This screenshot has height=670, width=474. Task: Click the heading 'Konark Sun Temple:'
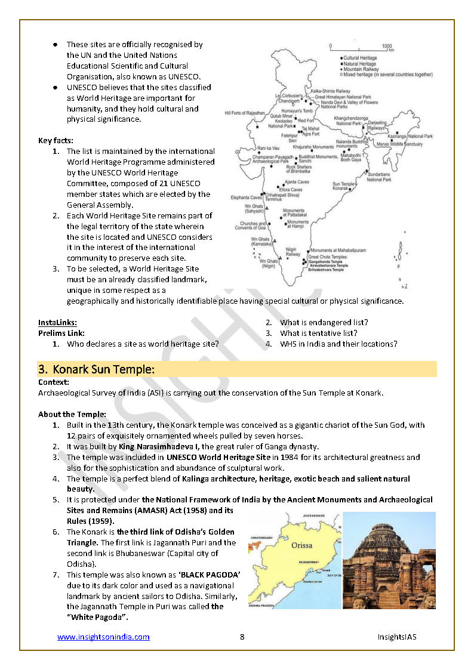coord(104,369)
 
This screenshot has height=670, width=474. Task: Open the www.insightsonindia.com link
coord(103,637)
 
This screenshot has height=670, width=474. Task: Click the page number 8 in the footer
coord(242,637)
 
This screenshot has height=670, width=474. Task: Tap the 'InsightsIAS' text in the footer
coord(396,637)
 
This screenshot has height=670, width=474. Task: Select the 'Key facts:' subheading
coord(56,141)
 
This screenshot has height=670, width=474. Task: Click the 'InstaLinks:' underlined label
coord(57,323)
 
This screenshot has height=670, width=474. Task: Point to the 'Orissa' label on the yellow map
coord(301,545)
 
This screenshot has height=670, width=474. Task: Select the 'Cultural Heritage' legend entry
coord(359,58)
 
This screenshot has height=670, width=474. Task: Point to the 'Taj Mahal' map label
coord(310,128)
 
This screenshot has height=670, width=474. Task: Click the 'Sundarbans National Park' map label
coord(379,177)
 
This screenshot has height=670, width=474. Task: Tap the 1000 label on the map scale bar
coord(387,45)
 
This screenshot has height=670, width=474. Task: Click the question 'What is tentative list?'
coord(318,333)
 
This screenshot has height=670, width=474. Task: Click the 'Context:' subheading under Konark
coord(54,382)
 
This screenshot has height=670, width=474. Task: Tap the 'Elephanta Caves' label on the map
coord(246,197)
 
